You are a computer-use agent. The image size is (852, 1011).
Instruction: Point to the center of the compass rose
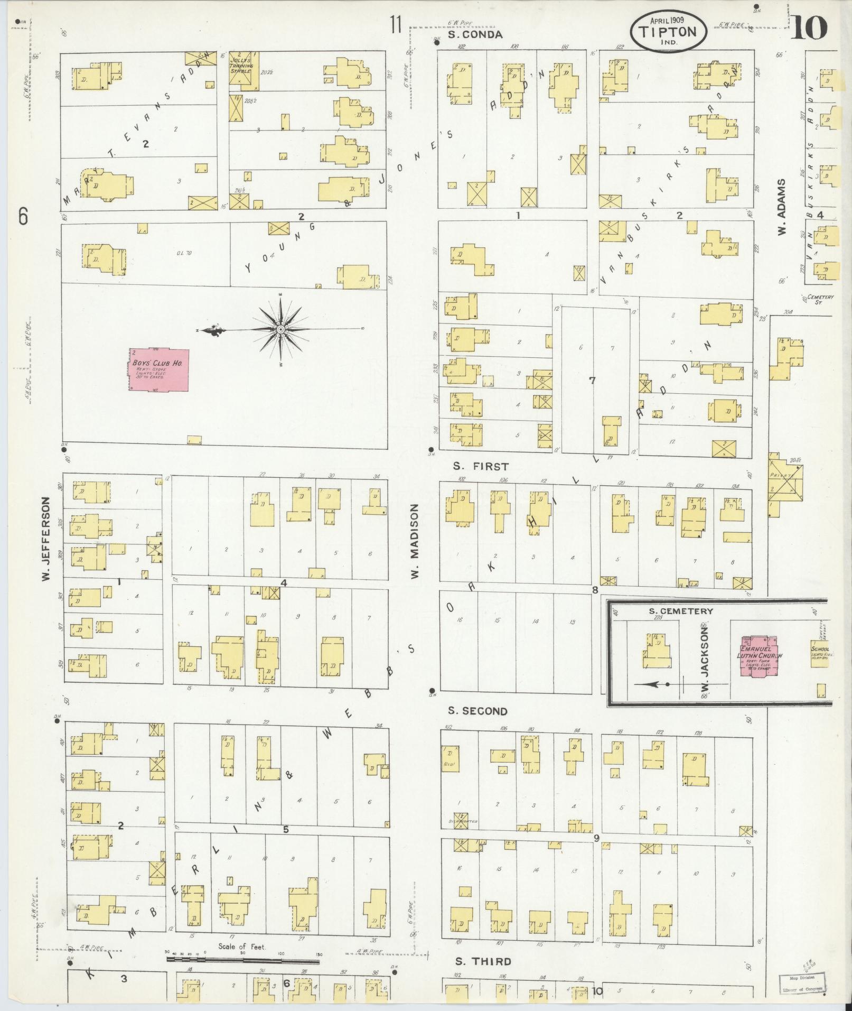coord(280,330)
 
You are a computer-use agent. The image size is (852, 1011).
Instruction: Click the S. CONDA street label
coord(475,35)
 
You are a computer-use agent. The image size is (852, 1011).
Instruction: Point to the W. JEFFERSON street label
coord(46,539)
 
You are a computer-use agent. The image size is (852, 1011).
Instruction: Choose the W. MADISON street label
coord(415,540)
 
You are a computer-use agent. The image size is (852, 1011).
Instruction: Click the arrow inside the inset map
coord(652,684)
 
